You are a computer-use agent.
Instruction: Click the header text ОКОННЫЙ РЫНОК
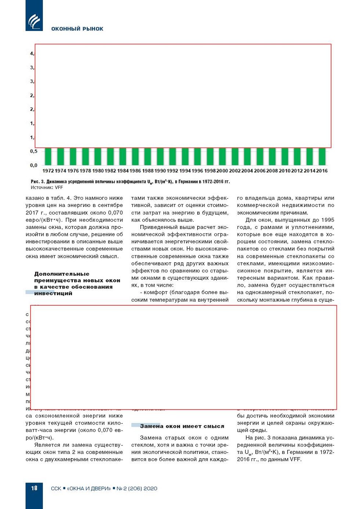[x=77, y=29]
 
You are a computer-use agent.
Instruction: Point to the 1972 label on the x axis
[x=48, y=171]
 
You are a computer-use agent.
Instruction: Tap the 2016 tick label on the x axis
[x=322, y=171]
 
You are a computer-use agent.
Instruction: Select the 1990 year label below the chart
[x=160, y=171]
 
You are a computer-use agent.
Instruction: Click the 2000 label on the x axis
[x=222, y=171]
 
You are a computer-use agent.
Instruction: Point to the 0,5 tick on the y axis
[x=33, y=151]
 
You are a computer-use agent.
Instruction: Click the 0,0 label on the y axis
[x=33, y=165]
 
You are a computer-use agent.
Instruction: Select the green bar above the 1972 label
[x=48, y=157]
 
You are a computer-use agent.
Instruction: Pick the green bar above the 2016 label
[x=322, y=157]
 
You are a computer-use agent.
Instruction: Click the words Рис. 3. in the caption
[x=37, y=182]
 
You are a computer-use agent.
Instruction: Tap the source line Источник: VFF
[x=47, y=187]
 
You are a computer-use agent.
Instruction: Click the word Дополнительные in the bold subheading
[x=62, y=274]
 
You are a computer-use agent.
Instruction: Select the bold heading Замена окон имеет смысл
[x=182, y=426]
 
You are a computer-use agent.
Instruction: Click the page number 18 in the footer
[x=34, y=488]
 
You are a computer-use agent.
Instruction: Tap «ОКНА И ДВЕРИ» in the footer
[x=89, y=488]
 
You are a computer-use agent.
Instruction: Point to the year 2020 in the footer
[x=150, y=488]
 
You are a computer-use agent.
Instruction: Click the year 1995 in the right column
[x=327, y=220]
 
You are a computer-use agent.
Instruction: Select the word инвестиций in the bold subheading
[x=53, y=293]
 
